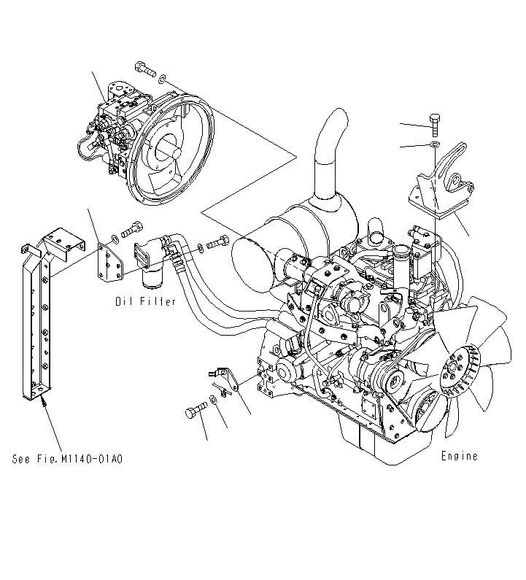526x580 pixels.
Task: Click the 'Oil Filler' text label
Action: pyautogui.click(x=144, y=301)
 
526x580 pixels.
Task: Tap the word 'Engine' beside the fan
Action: pyautogui.click(x=460, y=456)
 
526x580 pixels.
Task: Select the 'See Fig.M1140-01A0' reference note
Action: pyautogui.click(x=67, y=459)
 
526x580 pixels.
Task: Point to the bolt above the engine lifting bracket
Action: pyautogui.click(x=433, y=123)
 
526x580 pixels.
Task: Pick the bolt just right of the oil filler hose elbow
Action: pyautogui.click(x=220, y=244)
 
